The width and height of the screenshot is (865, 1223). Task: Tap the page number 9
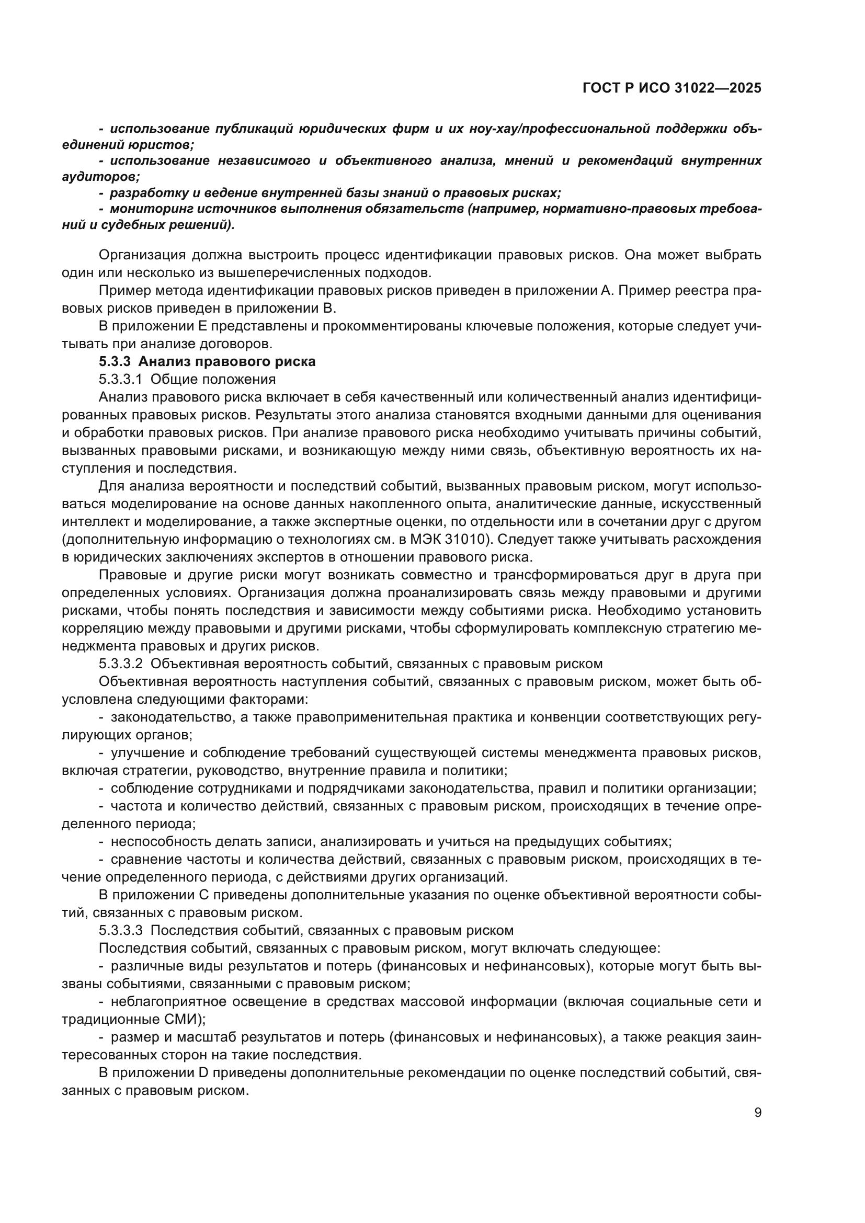757,1112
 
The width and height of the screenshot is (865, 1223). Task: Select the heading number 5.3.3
114,362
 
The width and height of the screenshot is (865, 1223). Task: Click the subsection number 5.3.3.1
120,379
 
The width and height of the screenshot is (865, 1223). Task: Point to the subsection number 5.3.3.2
120,664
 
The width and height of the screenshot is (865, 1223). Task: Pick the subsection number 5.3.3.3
120,931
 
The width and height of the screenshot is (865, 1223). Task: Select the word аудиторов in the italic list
98,177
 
